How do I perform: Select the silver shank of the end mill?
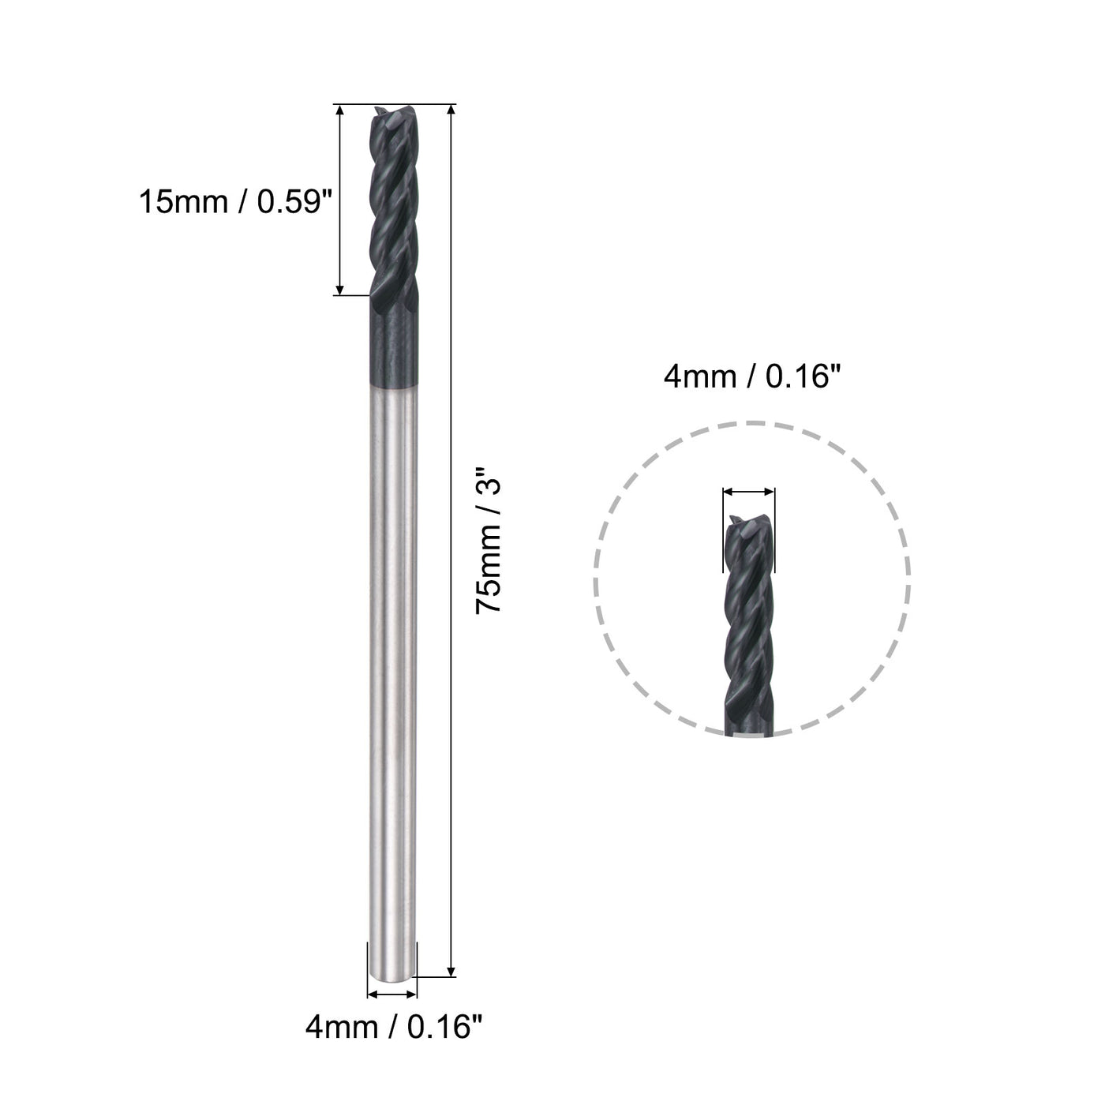coord(392,671)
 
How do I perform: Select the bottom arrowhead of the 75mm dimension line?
coord(451,969)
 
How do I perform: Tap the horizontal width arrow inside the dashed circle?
coord(748,492)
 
